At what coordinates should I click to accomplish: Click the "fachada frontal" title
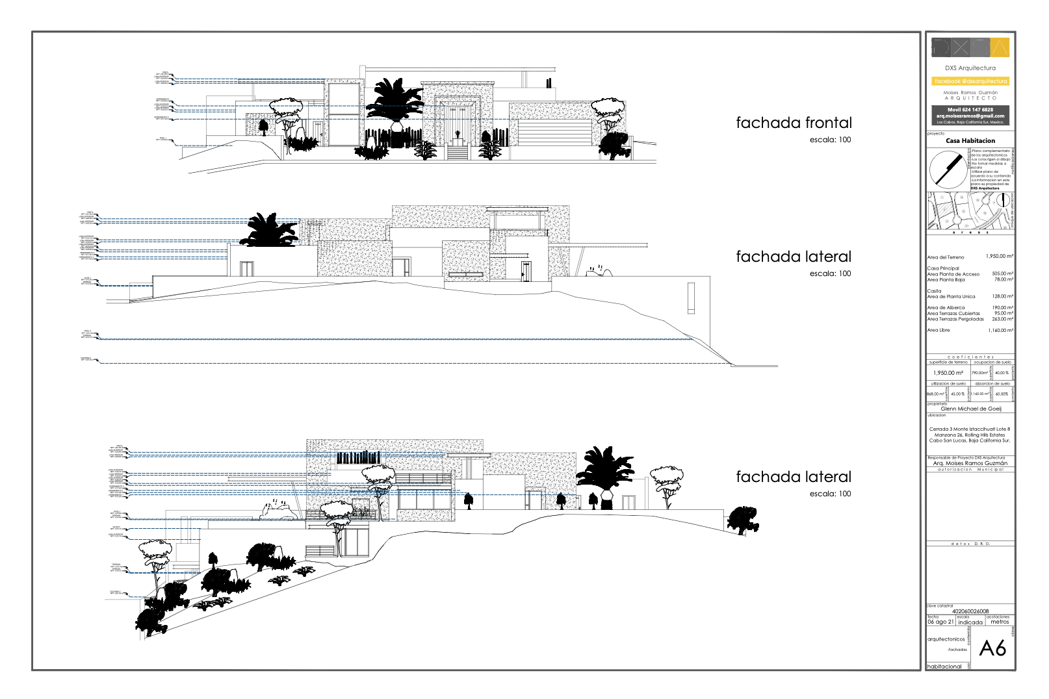(793, 123)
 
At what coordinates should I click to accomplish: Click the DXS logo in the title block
(970, 47)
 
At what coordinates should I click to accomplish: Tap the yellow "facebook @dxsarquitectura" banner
(970, 81)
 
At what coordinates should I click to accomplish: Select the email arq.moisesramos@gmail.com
(970, 116)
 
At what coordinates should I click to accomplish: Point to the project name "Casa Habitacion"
(970, 140)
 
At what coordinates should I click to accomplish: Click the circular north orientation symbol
(948, 169)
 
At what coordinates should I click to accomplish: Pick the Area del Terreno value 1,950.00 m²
(999, 257)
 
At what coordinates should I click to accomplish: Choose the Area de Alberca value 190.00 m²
(1002, 308)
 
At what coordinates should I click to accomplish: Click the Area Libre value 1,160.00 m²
(1000, 331)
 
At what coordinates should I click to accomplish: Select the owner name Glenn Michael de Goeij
(971, 409)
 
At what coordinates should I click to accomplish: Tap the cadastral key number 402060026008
(970, 611)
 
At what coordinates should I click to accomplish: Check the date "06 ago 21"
(940, 622)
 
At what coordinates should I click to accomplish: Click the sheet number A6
(992, 648)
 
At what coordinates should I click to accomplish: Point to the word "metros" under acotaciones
(1000, 622)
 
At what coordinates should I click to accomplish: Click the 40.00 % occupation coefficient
(1002, 373)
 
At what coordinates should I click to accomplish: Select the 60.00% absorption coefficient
(1002, 394)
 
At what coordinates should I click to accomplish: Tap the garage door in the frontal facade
(554, 133)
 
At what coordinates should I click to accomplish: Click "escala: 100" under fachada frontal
(829, 140)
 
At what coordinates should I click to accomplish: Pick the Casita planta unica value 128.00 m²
(1002, 296)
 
